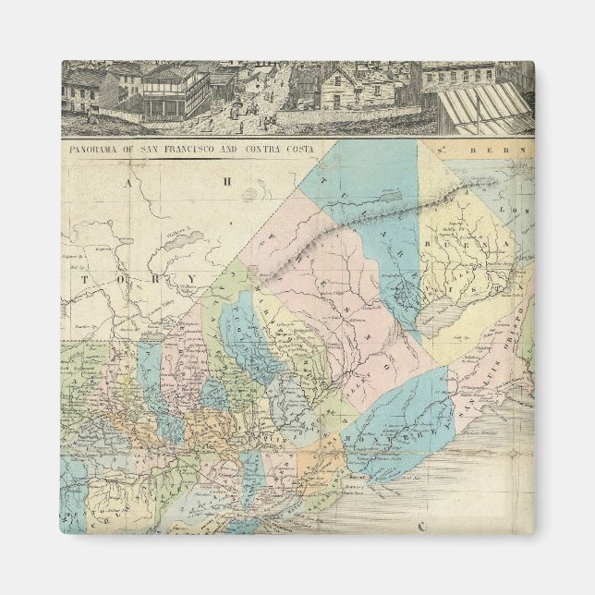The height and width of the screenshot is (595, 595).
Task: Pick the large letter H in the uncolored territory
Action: coord(223,182)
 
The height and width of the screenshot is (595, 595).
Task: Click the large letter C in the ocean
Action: coord(420,528)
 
